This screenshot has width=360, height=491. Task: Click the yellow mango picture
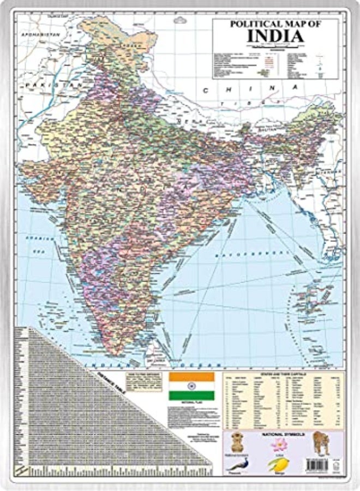278,464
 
